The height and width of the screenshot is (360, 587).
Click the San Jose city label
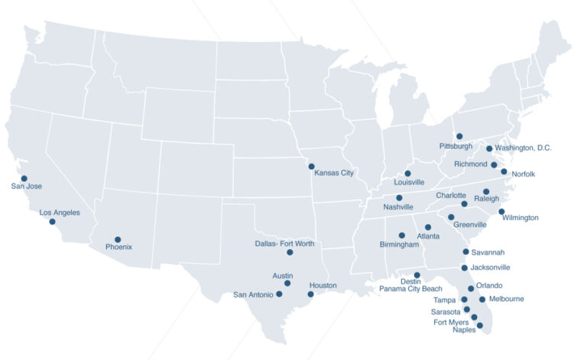click(27, 186)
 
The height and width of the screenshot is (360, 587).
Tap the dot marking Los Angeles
click(53, 222)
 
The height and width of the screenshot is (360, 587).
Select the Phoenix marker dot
click(118, 239)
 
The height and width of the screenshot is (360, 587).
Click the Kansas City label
click(334, 174)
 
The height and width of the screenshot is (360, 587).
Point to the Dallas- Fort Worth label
click(284, 244)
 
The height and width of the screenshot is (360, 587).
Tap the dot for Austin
click(287, 284)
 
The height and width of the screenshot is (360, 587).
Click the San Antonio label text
click(252, 295)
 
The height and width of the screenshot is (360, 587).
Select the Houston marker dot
click(310, 294)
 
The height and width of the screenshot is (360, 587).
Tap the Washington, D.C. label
click(523, 148)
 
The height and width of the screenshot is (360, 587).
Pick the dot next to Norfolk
click(504, 172)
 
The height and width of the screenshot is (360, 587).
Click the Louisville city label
click(409, 183)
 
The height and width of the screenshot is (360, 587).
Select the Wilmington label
click(521, 218)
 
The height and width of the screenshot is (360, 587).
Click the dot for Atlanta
click(428, 227)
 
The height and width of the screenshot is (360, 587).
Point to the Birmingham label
click(399, 245)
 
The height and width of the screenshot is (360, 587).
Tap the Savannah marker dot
click(465, 251)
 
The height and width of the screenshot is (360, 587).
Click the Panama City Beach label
click(410, 289)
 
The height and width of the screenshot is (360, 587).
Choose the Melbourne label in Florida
click(506, 299)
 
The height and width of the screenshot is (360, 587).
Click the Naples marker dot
click(480, 326)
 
